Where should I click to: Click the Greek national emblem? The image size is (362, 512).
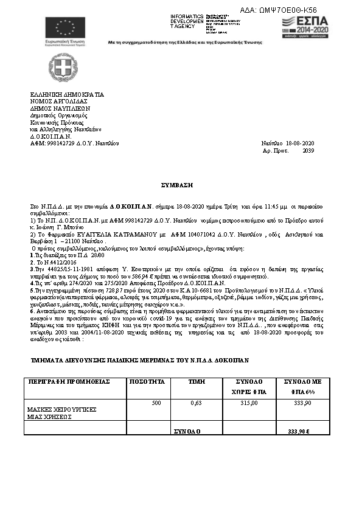(60, 66)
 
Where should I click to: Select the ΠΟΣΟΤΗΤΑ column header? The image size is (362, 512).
(144, 382)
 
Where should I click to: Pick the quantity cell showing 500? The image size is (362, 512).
(156, 403)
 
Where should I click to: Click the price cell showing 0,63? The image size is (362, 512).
(196, 403)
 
